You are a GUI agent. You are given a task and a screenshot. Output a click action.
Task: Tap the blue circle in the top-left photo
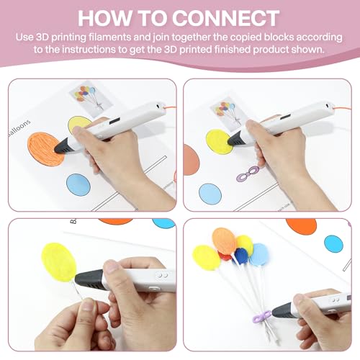pos(78,185)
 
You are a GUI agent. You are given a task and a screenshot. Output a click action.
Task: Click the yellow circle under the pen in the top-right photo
pos(219,141)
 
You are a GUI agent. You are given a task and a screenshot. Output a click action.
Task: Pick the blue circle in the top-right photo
pos(210,193)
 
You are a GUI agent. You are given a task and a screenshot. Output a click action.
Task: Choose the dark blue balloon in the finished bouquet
pos(241,256)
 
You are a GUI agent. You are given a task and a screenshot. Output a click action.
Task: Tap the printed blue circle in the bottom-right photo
pos(333,243)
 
